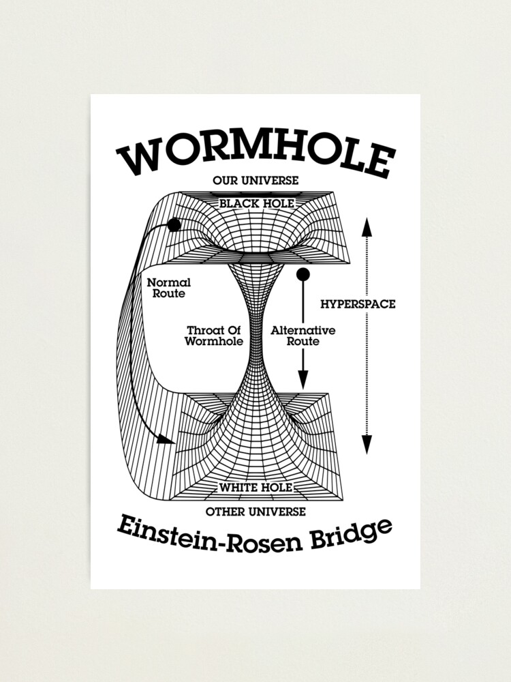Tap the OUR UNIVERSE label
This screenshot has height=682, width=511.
click(255, 181)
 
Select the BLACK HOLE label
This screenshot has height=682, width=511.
click(257, 203)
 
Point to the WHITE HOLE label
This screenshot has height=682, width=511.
click(255, 488)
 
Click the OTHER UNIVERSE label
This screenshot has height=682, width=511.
click(255, 511)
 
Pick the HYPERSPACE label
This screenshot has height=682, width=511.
click(358, 304)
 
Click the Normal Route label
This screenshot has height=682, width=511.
click(168, 288)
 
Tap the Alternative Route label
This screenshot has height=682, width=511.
click(303, 336)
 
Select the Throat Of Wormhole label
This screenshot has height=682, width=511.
click(214, 336)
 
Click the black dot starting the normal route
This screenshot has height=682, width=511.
click(174, 224)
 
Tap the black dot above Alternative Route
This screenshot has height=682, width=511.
click(303, 275)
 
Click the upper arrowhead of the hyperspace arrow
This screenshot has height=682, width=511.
click(367, 227)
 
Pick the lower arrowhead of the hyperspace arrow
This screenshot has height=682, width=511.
click(367, 445)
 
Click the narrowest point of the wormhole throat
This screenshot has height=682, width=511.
click(255, 334)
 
